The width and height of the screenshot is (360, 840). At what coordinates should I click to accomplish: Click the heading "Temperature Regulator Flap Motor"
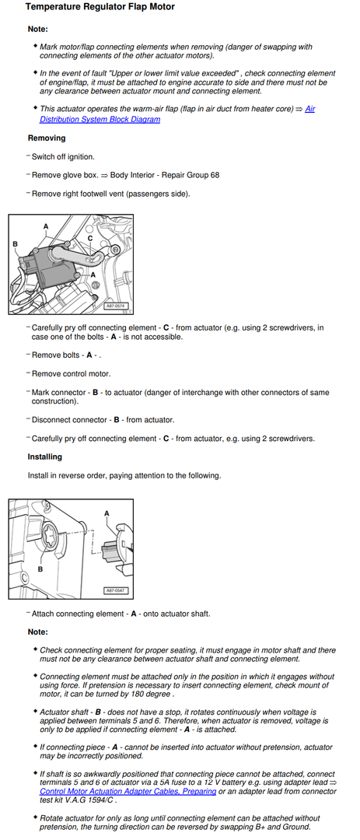(x=100, y=7)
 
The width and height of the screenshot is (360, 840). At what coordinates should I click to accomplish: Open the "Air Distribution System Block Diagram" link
(x=177, y=114)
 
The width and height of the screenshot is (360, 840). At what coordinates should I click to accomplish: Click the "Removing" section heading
(x=47, y=138)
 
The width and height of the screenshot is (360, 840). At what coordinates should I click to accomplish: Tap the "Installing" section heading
(x=45, y=457)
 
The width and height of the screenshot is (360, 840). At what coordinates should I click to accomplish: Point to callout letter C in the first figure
(x=90, y=238)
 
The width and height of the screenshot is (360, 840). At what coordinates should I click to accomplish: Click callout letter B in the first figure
(x=16, y=244)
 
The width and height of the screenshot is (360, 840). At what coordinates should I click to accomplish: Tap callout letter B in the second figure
(x=40, y=569)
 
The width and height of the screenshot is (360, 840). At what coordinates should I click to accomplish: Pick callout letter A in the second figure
(x=107, y=513)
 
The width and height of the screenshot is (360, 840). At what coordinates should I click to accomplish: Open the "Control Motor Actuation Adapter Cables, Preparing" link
(x=128, y=791)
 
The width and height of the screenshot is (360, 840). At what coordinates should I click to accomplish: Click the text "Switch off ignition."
(x=63, y=157)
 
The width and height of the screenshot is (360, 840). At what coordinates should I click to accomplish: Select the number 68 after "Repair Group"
(x=215, y=175)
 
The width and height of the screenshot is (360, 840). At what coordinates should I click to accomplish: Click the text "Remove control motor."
(x=72, y=374)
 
